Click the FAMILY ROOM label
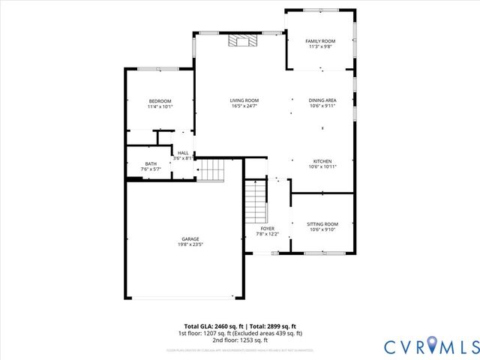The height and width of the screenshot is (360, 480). [x=319, y=40]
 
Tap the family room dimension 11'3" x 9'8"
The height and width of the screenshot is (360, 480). [x=319, y=46]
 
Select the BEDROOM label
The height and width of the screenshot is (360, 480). [x=160, y=101]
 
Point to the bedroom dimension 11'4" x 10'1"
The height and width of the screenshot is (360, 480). [x=160, y=107]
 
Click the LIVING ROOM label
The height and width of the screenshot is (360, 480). [x=244, y=100]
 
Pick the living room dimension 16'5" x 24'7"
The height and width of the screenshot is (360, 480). [x=244, y=106]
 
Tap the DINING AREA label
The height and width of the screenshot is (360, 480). [x=322, y=100]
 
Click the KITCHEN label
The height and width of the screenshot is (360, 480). [x=322, y=161]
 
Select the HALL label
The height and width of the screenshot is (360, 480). [x=183, y=153]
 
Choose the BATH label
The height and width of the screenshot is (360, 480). [x=151, y=164]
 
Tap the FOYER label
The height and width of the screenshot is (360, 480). [x=267, y=228]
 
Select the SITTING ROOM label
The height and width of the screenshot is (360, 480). [x=323, y=223]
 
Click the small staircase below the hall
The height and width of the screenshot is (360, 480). [x=211, y=171]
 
